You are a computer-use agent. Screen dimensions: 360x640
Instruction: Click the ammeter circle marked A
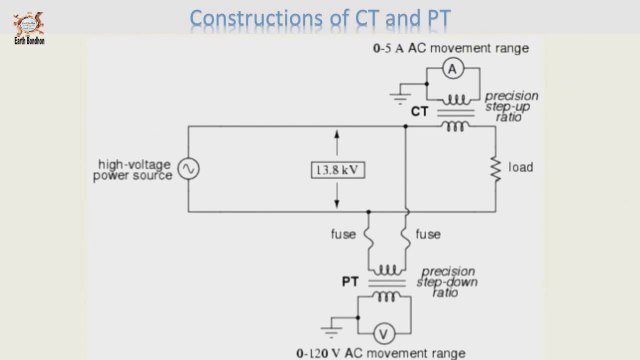(451, 68)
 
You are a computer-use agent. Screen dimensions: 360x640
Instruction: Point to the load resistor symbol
(493, 168)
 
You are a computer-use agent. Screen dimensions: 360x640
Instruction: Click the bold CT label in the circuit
(419, 112)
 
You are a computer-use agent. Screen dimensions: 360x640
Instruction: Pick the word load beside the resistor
(521, 167)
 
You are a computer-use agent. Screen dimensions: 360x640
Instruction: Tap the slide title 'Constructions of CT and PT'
(319, 19)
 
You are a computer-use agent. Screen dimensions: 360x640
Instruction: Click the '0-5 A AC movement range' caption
(464, 47)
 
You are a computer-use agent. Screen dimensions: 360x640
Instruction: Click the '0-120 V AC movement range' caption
(379, 353)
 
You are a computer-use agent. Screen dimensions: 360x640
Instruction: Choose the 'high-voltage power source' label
(134, 169)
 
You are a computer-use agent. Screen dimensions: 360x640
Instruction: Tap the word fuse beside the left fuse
(343, 235)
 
